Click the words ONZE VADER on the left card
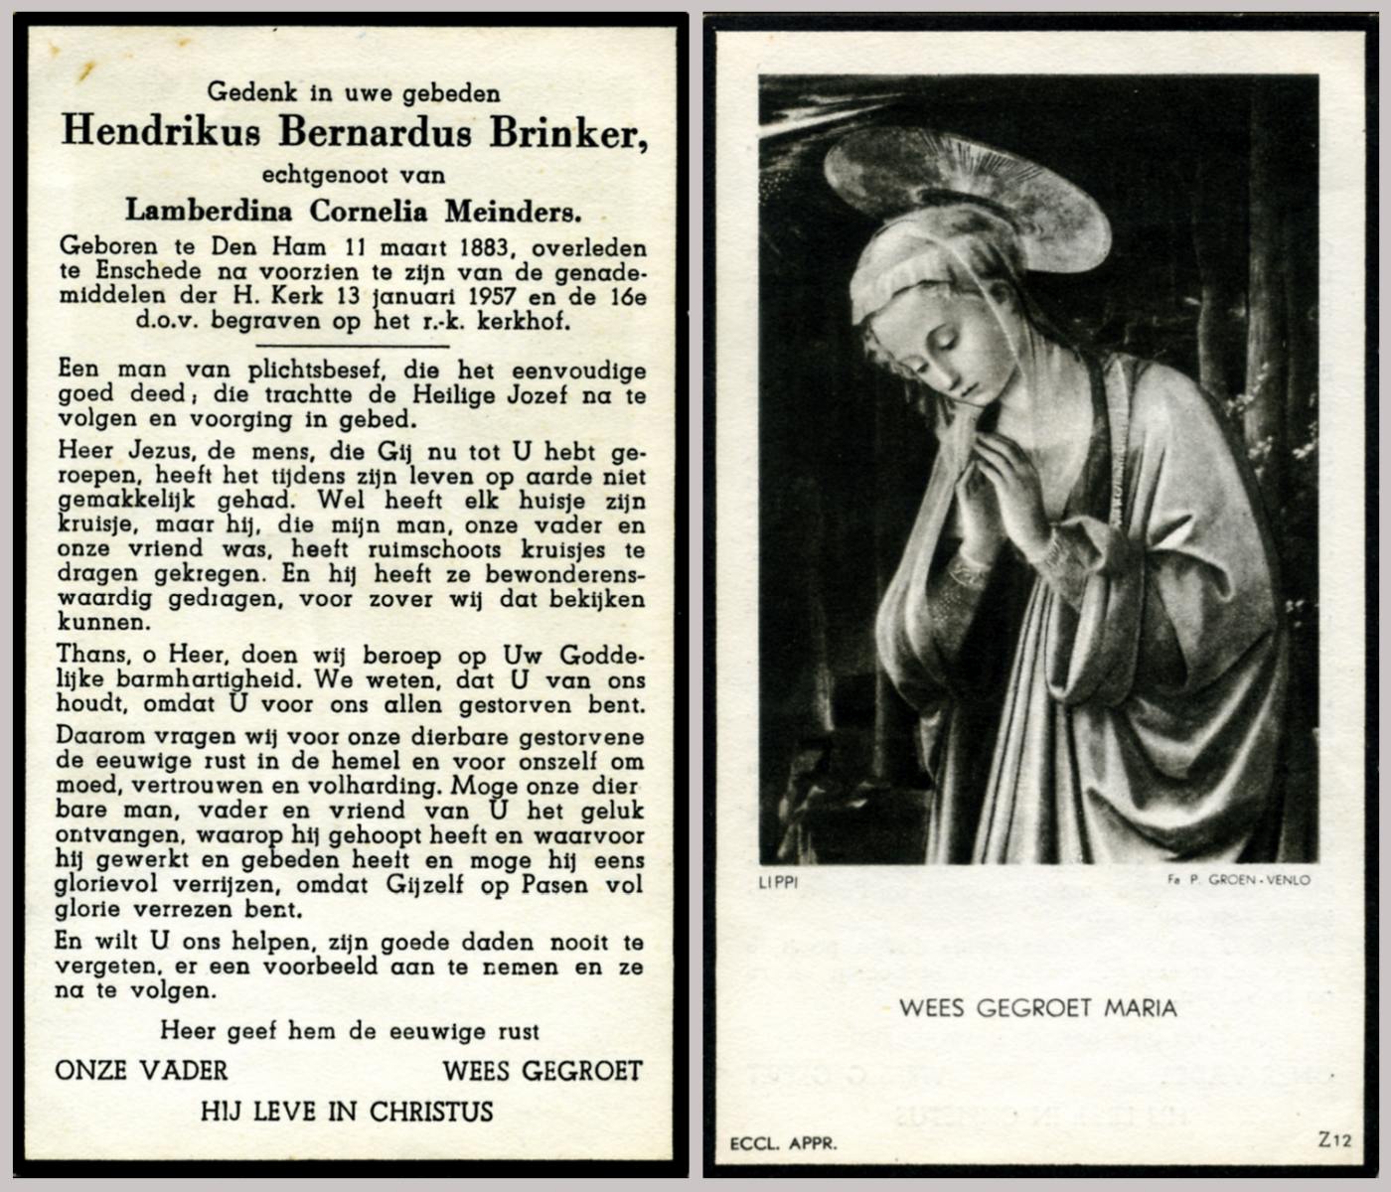point(141,1070)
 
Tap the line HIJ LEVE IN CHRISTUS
point(347,1111)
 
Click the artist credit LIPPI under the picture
point(778,881)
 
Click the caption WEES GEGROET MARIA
point(1037,1008)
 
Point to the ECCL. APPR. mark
point(784,1143)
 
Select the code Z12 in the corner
point(1334,1140)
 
